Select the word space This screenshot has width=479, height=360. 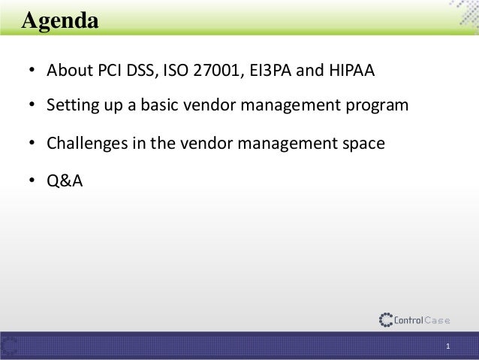[x=365, y=141]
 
